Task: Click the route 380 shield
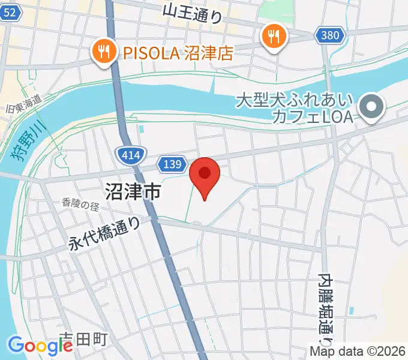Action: point(330,35)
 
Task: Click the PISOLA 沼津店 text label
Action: point(177,53)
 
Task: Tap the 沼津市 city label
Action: point(133,192)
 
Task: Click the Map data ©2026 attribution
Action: point(358,352)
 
